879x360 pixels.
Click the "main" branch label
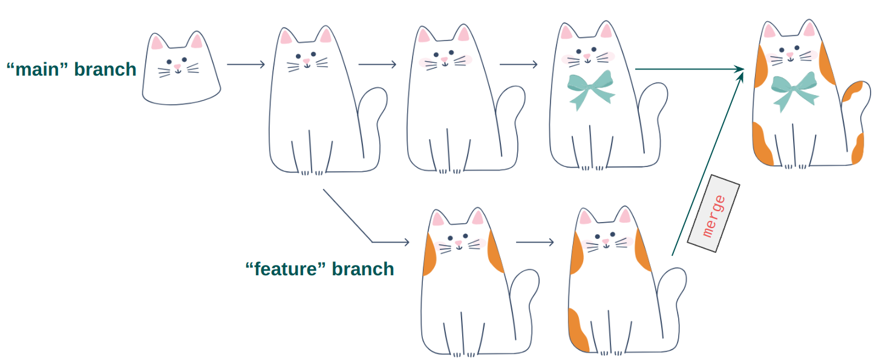[71, 70]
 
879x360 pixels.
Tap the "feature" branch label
[319, 269]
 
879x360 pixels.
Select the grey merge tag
[714, 214]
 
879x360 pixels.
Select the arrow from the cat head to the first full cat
[246, 64]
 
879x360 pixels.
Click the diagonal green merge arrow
[707, 163]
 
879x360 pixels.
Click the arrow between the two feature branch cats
[535, 243]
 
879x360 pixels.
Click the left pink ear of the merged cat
[770, 31]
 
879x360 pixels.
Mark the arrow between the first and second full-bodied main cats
[377, 64]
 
